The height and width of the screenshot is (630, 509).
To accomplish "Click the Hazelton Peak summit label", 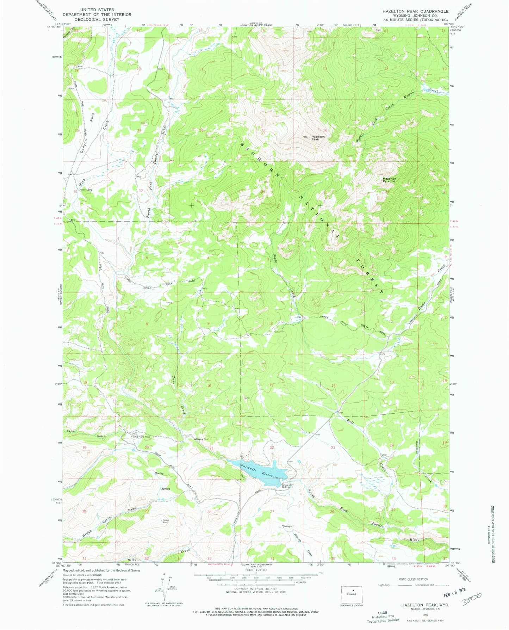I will (315, 138).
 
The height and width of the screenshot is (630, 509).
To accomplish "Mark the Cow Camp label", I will (87, 190).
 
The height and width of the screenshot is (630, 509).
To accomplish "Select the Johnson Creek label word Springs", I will (287, 526).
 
